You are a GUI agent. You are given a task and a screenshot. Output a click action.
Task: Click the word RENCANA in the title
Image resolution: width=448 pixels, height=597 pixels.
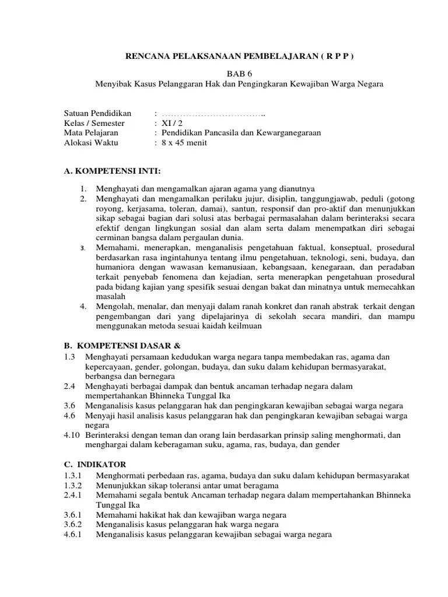coord(148,57)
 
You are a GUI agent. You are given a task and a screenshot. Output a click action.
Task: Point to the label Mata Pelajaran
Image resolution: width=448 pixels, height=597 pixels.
coord(93,133)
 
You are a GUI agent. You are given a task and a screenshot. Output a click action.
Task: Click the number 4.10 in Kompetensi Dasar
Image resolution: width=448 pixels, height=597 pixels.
coord(72,435)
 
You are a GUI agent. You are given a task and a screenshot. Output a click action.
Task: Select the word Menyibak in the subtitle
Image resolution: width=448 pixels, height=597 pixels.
coord(111,84)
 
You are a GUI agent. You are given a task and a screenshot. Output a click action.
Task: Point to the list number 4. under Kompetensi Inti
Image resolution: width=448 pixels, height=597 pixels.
coord(84,306)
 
